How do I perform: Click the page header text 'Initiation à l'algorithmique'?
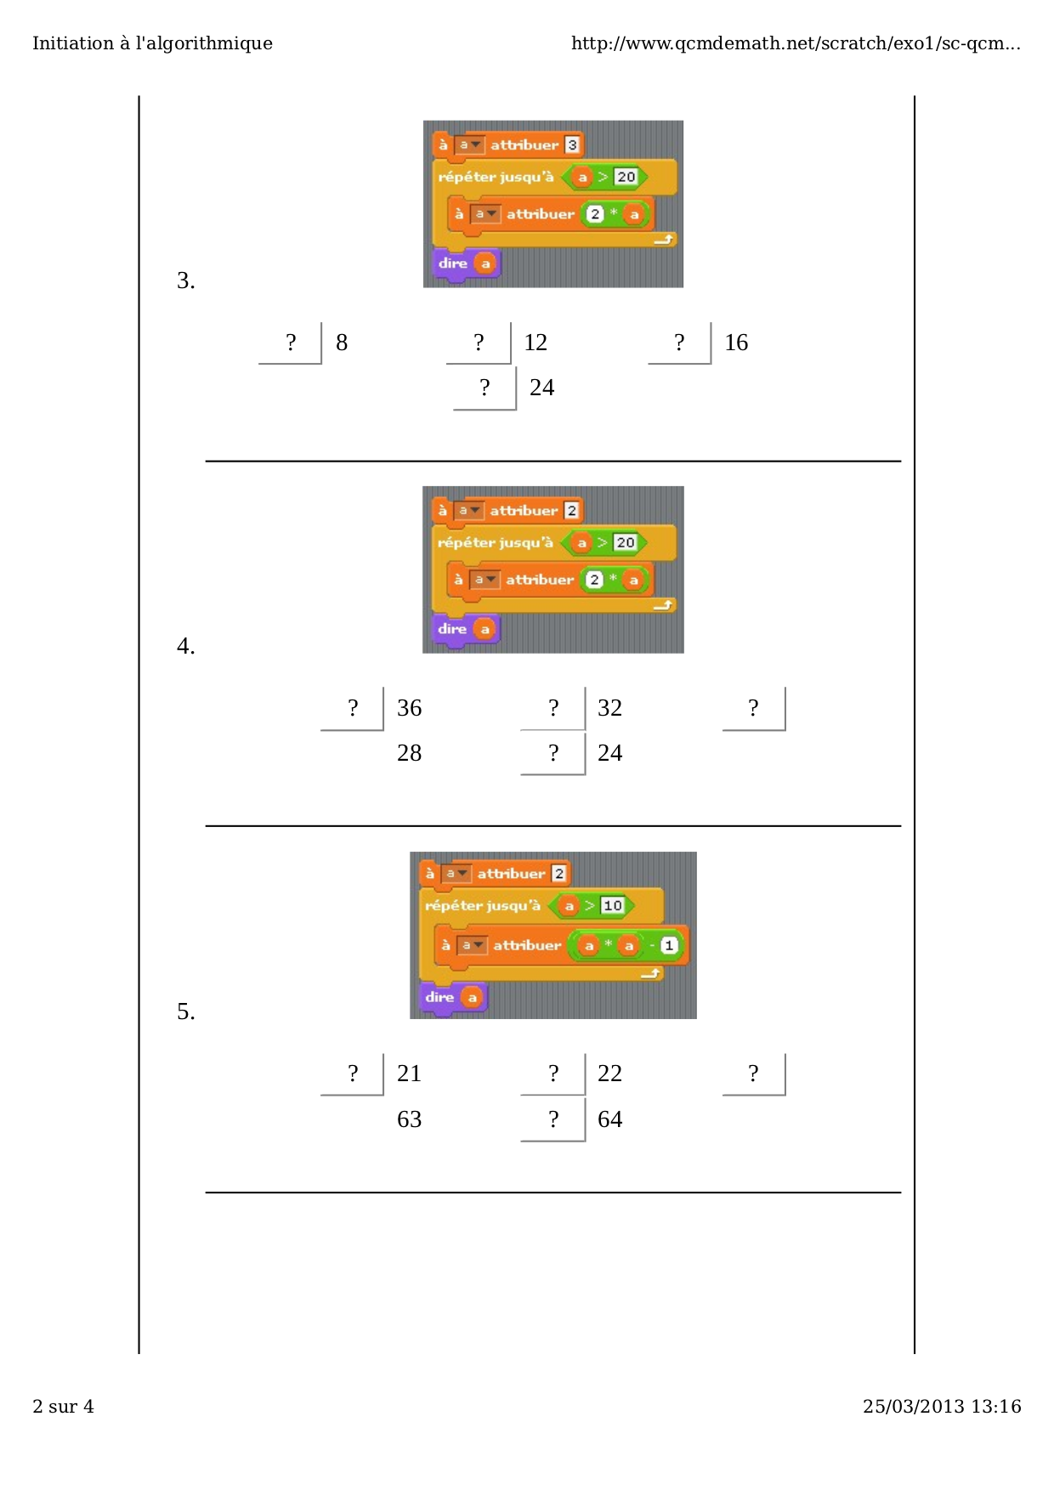click(152, 43)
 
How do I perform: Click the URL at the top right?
click(796, 43)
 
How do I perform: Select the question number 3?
click(186, 280)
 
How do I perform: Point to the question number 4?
click(186, 646)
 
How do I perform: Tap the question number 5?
click(186, 1011)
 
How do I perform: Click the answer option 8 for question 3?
click(342, 343)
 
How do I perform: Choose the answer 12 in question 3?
click(535, 343)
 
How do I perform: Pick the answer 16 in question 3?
click(736, 343)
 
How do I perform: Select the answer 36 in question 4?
click(409, 708)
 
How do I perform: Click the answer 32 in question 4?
click(609, 708)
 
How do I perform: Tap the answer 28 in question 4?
click(409, 753)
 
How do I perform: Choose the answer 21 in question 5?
click(409, 1074)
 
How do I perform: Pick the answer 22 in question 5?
click(609, 1074)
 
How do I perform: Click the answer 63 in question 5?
click(409, 1119)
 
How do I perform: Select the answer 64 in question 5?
click(609, 1119)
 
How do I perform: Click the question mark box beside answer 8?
click(291, 343)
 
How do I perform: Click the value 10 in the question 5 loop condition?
click(613, 905)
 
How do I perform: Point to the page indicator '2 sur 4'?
click(63, 1407)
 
